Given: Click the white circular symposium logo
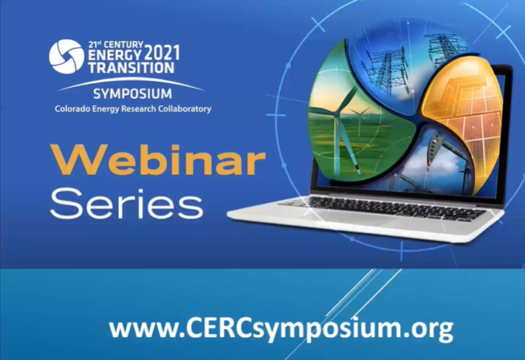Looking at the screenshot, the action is [x=66, y=56].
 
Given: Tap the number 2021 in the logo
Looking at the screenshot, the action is [x=162, y=54].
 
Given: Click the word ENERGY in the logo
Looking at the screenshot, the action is [x=115, y=55].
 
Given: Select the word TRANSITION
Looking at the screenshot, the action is [x=131, y=68].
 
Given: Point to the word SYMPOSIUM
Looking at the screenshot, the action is [x=132, y=94].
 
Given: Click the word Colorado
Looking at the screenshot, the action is [x=70, y=108].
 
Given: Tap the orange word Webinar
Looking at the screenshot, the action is [x=158, y=160].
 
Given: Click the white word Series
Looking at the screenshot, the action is [x=127, y=203].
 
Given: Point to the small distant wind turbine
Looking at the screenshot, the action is [x=360, y=121].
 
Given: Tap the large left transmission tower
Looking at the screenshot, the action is [x=388, y=70].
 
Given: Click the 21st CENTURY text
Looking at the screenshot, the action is [x=115, y=45].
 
